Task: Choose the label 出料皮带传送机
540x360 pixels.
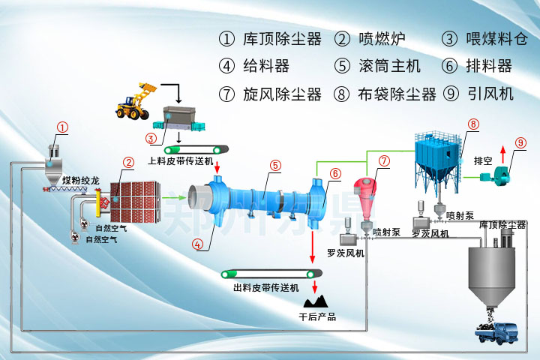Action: pyautogui.click(x=265, y=287)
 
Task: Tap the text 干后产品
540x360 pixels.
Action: pyautogui.click(x=316, y=317)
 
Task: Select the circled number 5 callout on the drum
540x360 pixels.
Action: pyautogui.click(x=275, y=165)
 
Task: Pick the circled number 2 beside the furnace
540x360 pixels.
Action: pyautogui.click(x=129, y=162)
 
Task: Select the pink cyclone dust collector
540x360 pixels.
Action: pyautogui.click(x=369, y=197)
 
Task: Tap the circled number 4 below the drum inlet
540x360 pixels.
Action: pyautogui.click(x=198, y=243)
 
